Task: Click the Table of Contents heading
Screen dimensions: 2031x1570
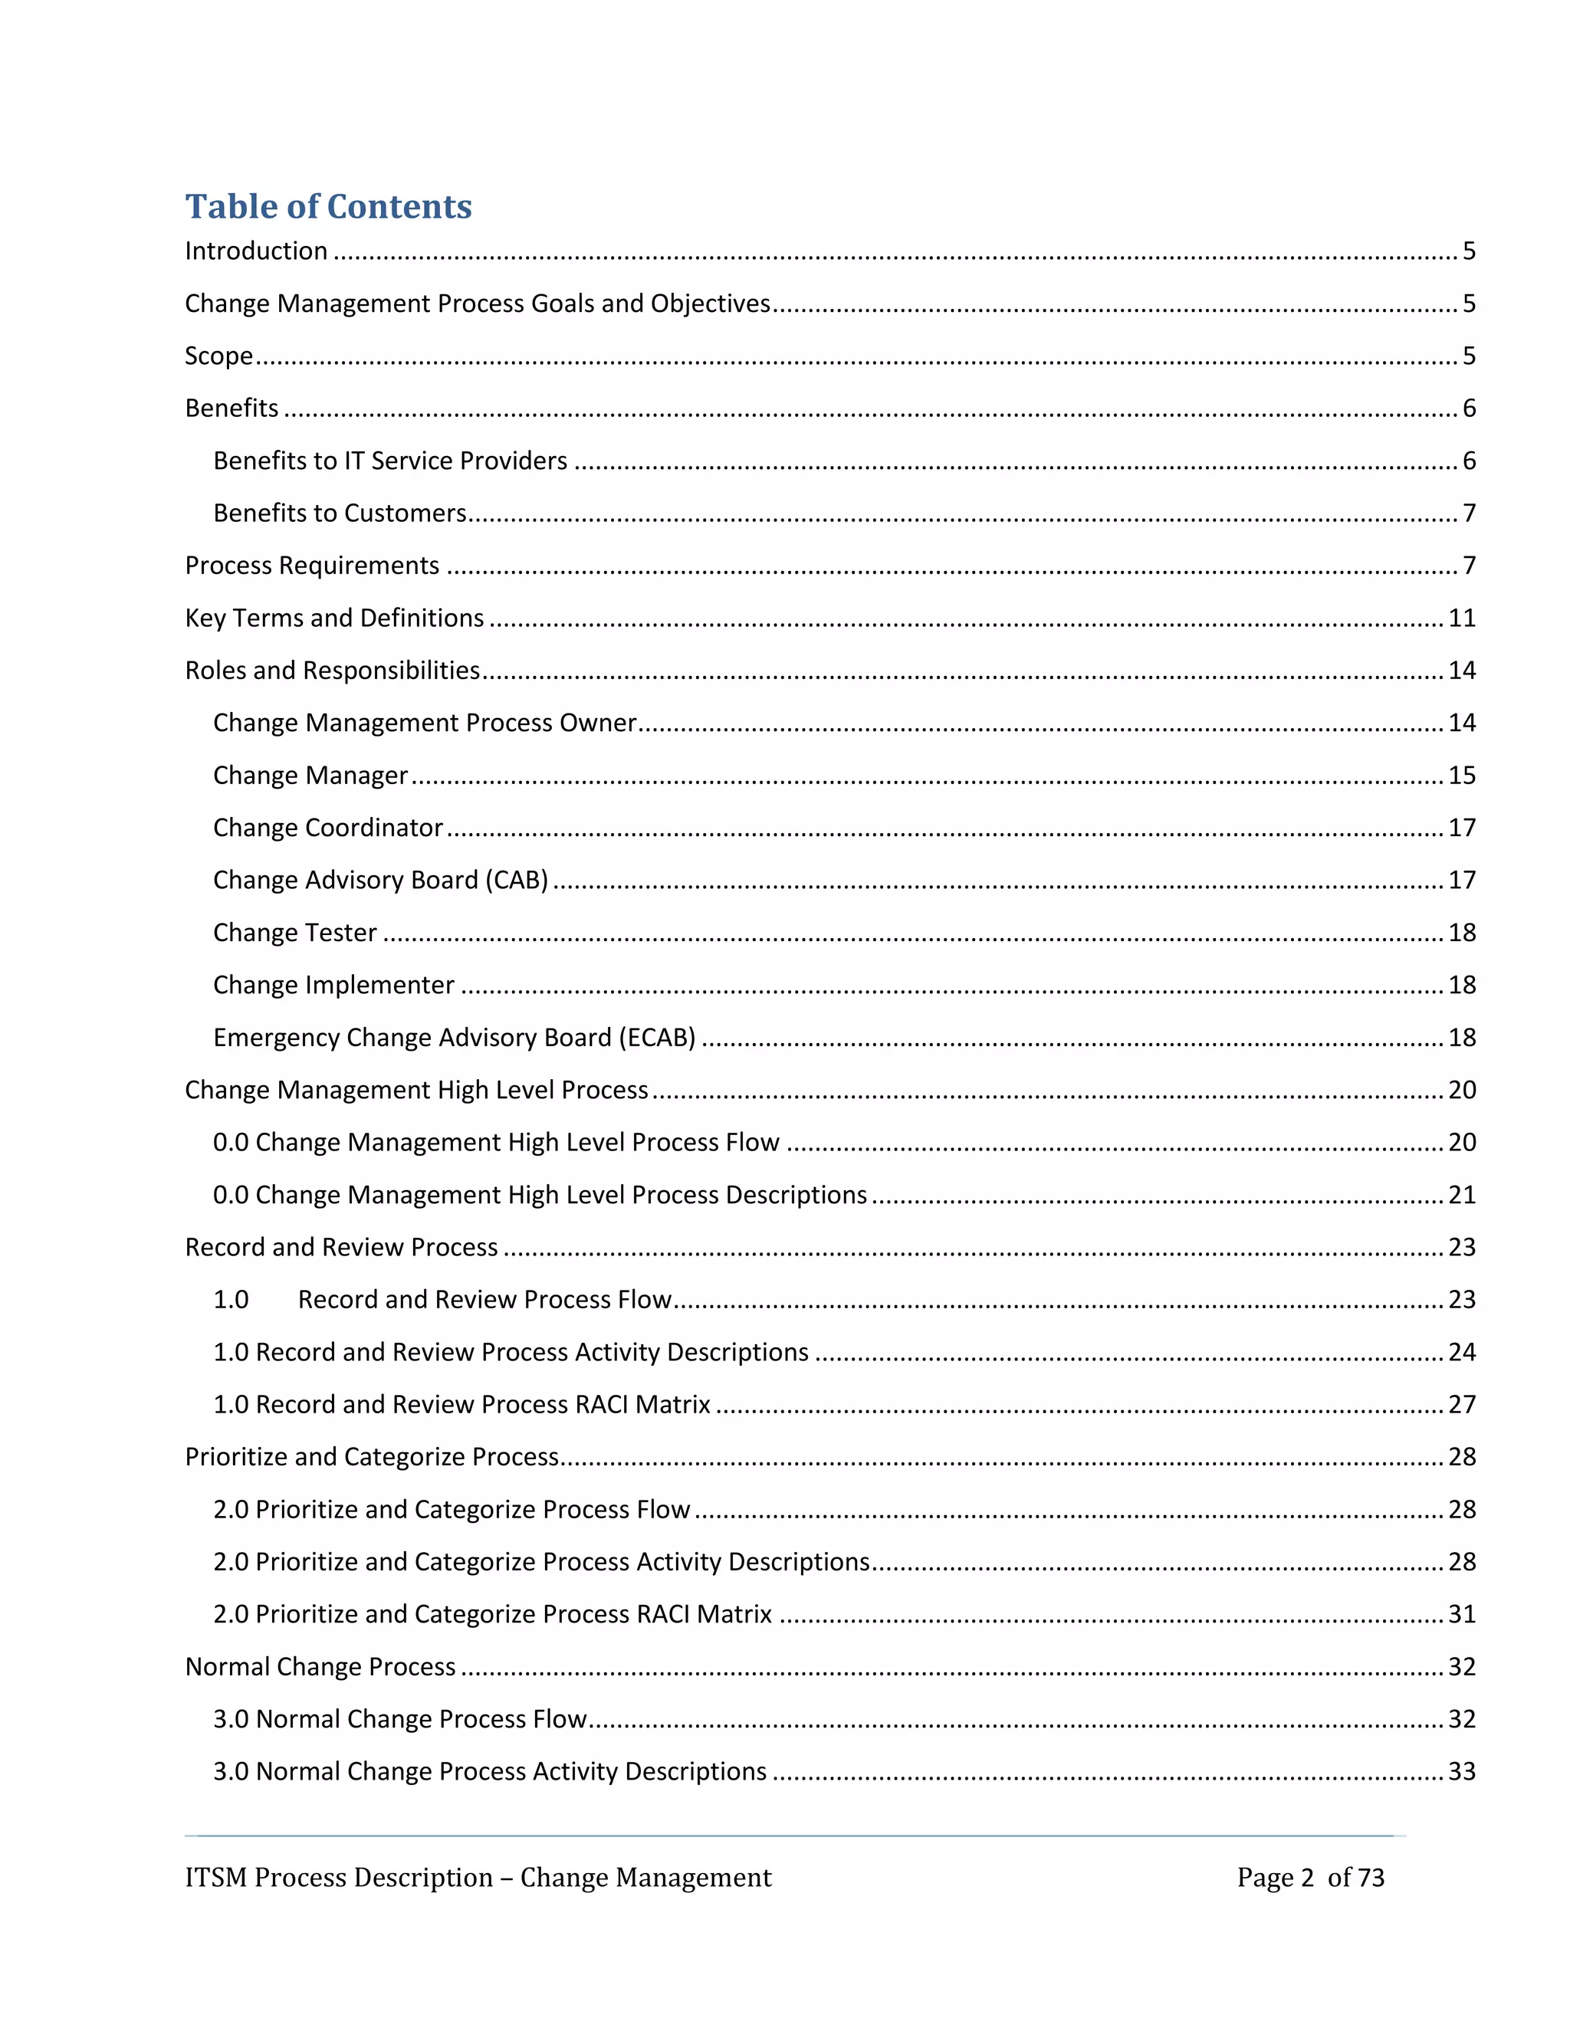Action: click(328, 206)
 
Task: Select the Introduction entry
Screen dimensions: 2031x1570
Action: click(256, 251)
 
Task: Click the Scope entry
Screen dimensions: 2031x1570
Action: click(218, 356)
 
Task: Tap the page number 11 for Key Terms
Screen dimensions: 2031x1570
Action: click(1461, 618)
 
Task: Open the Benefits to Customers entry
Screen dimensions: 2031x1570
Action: click(340, 513)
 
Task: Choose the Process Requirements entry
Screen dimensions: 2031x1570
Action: click(311, 566)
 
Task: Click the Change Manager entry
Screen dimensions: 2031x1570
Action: click(310, 776)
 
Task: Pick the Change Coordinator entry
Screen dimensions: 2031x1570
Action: click(327, 828)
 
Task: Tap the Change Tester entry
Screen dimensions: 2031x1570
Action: click(295, 933)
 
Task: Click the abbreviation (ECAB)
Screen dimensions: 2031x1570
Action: click(658, 1038)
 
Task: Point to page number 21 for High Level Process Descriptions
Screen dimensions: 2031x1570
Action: click(1461, 1195)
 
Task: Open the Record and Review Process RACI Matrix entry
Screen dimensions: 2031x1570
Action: click(461, 1404)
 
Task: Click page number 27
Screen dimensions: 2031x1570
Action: click(1461, 1404)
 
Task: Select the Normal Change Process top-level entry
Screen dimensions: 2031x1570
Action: click(320, 1666)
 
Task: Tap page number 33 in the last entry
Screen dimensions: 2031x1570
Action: click(1461, 1771)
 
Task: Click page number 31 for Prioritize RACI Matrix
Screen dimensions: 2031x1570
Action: click(1461, 1614)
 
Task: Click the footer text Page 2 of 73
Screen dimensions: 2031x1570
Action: click(1309, 1878)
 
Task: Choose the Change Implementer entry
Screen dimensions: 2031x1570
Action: click(333, 985)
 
